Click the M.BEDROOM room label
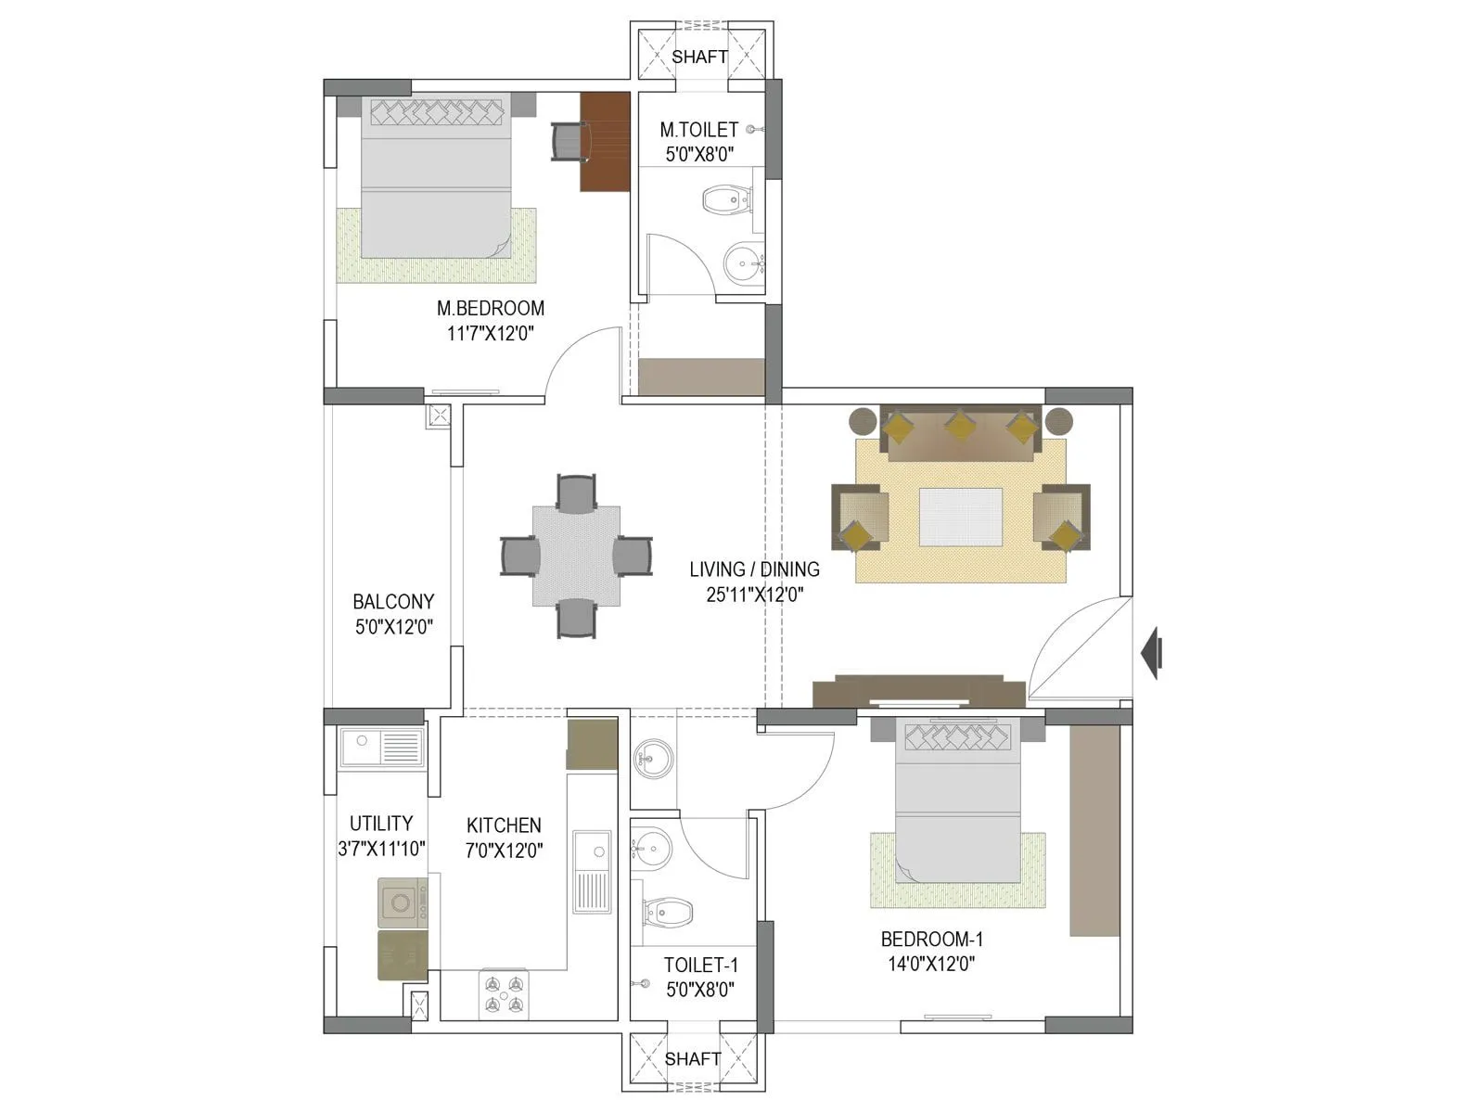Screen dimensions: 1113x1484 coord(491,308)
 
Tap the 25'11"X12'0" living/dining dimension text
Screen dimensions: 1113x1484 coord(754,595)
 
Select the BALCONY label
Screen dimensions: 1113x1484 coord(393,601)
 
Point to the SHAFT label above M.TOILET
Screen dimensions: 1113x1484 coord(699,57)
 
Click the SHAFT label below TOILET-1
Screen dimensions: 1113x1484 coord(693,1058)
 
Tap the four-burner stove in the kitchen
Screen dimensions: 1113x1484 coord(504,994)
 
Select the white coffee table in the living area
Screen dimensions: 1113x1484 coord(960,517)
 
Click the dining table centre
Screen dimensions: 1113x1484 coord(576,556)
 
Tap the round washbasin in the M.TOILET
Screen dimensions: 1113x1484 coord(741,264)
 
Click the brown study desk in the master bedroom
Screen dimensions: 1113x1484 coord(606,141)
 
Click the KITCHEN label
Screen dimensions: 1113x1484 coord(504,825)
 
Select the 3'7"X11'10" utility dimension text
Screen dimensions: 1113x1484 coord(381,848)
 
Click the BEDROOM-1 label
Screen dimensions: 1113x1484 coord(931,939)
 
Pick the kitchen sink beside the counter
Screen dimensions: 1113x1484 coord(591,871)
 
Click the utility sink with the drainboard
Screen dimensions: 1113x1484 coord(380,747)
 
